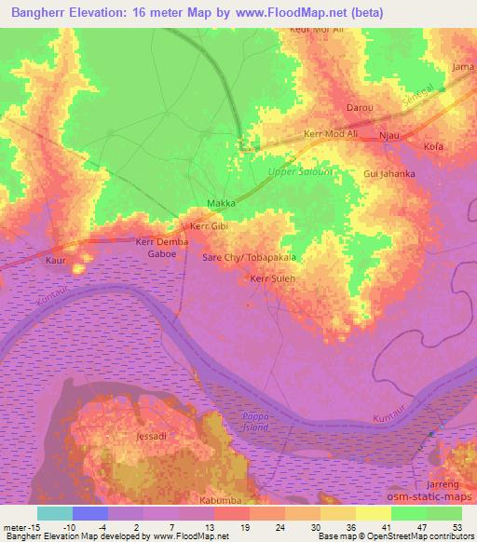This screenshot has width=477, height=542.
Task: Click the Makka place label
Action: pyautogui.click(x=221, y=203)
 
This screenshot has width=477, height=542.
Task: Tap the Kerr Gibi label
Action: pyautogui.click(x=209, y=226)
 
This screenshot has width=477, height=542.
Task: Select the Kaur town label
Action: pyautogui.click(x=55, y=261)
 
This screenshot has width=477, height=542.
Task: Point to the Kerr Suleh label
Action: pyautogui.click(x=271, y=278)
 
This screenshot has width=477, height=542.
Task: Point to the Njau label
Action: pyautogui.click(x=388, y=136)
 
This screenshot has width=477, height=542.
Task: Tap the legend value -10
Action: pyautogui.click(x=68, y=527)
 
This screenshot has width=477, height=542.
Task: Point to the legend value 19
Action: pyautogui.click(x=244, y=527)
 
